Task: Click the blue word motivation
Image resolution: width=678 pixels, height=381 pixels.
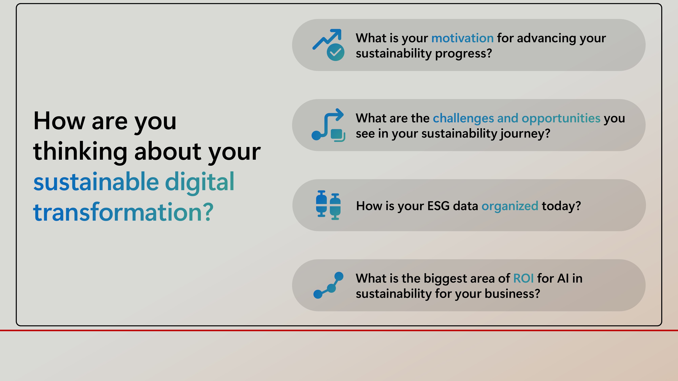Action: point(462,38)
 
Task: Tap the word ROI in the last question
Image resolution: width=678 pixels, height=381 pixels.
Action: point(524,278)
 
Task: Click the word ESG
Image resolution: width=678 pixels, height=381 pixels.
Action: point(438,206)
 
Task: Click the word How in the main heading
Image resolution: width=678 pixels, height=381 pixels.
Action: point(59,121)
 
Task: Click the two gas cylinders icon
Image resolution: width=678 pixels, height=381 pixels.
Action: point(328,205)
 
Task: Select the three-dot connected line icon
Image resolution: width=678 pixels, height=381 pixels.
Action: point(328,285)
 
